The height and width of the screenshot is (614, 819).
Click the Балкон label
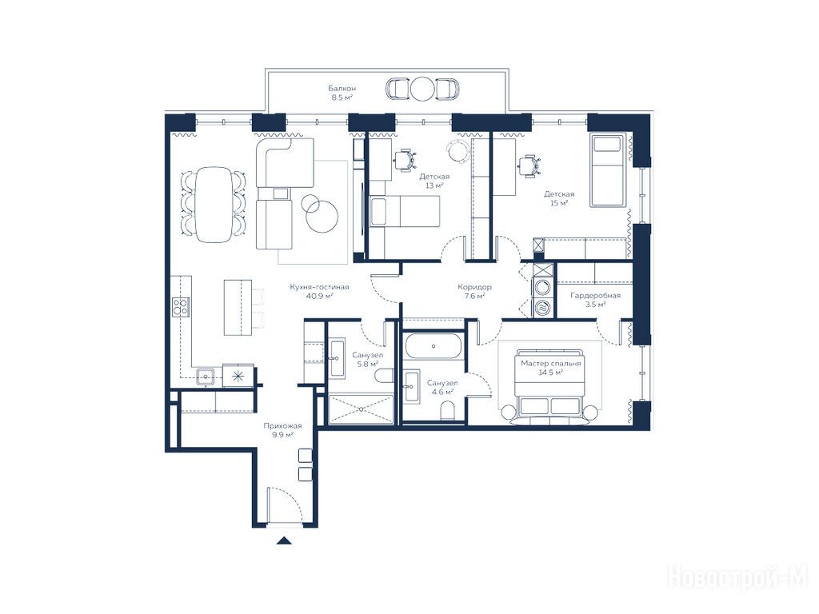coord(342,88)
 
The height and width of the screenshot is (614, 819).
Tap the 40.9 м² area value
coord(320,296)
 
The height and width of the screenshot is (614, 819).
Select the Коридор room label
coord(474,287)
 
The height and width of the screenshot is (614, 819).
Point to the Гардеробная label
coord(595,296)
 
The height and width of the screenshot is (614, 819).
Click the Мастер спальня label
coord(551,364)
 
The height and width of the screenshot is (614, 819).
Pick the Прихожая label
coord(282,425)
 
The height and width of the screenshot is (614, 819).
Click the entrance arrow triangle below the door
coord(284,541)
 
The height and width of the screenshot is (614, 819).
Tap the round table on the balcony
coord(422,89)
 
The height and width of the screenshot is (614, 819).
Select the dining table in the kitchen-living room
coord(213,204)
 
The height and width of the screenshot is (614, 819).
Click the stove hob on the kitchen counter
coord(181,306)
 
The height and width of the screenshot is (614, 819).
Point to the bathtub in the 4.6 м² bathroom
coord(433,345)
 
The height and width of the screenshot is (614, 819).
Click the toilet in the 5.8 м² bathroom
coord(385,376)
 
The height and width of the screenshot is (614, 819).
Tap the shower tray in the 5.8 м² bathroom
coord(361,409)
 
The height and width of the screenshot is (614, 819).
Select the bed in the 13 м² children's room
coord(404,211)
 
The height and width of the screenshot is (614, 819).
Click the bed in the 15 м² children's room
coord(608,170)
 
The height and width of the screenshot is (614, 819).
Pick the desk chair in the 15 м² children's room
coord(529,166)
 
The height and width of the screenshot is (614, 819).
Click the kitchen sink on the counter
coord(206,376)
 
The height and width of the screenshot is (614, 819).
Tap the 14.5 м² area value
coord(551,373)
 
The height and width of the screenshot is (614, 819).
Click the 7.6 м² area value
coord(474,296)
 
